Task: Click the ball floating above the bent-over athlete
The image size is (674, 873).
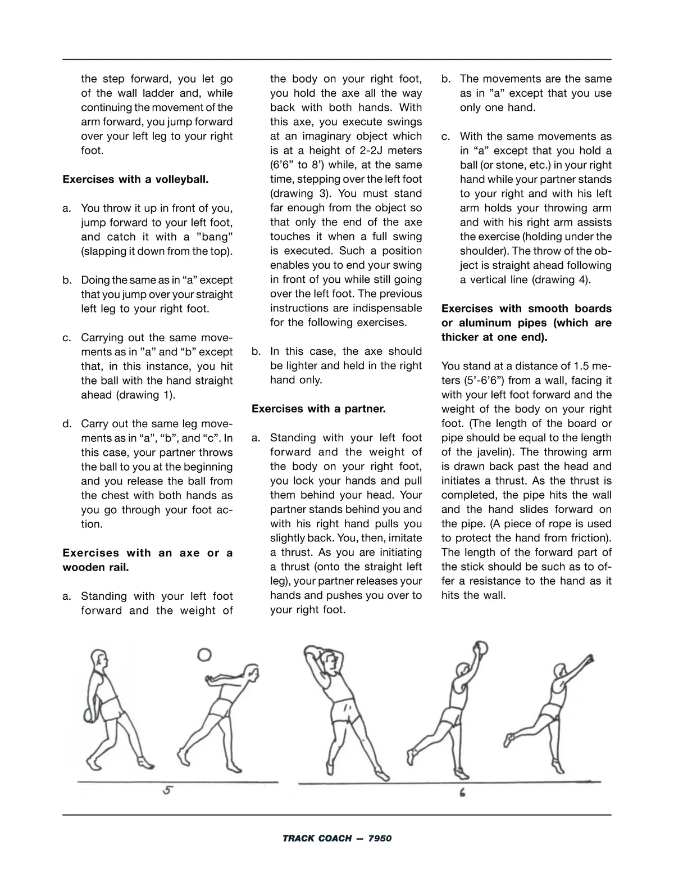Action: [205, 654]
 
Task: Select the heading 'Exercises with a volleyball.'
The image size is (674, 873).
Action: [135, 180]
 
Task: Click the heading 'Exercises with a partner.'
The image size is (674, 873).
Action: [318, 409]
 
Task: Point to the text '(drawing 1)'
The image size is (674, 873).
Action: [145, 395]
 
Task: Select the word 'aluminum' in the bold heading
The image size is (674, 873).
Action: [491, 323]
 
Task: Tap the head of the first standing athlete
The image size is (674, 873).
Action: [99, 657]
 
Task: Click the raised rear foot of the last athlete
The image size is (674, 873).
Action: [509, 738]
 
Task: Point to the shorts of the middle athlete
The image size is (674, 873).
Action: [344, 712]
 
